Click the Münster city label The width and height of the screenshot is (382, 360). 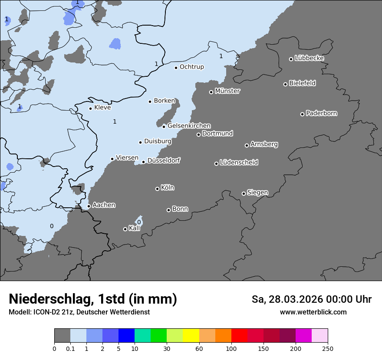(x=227, y=91)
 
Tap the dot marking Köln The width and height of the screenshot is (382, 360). (x=157, y=189)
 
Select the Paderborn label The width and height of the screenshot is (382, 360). (x=322, y=113)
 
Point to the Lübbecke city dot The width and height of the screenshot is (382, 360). (x=291, y=59)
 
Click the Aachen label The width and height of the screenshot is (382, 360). (x=104, y=205)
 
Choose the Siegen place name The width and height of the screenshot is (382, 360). (x=258, y=193)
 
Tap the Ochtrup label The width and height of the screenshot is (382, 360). (x=192, y=67)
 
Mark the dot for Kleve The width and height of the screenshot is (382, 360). (x=90, y=108)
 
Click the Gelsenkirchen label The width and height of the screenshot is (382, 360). (x=189, y=126)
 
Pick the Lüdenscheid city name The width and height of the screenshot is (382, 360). (x=239, y=163)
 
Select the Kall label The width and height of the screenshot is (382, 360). (x=135, y=228)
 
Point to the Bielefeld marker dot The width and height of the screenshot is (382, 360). (x=286, y=84)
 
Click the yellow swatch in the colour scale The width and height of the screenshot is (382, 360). (x=191, y=336)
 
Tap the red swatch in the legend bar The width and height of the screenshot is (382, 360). (x=239, y=336)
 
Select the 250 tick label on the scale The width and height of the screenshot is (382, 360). (x=328, y=349)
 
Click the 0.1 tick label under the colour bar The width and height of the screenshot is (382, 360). (x=70, y=349)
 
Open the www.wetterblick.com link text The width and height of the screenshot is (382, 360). (x=313, y=312)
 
